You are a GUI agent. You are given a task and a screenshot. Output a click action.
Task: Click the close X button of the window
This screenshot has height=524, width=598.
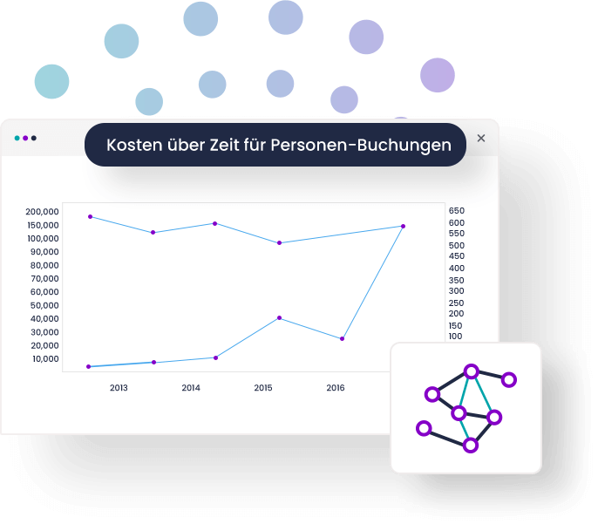coord(481,138)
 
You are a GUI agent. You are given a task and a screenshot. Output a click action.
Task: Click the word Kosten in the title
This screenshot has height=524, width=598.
coord(134,145)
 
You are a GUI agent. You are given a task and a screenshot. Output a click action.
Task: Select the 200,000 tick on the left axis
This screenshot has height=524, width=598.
coord(42,212)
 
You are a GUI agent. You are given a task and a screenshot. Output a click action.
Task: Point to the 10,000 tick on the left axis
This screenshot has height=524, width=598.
coord(45,359)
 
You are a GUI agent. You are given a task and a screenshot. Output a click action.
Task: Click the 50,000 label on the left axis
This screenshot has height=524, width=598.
coord(44,305)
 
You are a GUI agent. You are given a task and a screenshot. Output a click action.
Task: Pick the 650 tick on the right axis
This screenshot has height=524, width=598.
coord(457,210)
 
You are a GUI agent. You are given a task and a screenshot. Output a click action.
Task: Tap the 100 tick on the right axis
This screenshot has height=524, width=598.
coord(455,337)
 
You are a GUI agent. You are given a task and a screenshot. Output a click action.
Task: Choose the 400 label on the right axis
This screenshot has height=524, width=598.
coord(457,268)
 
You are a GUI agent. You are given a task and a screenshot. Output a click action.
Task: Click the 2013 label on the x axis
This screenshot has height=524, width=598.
coord(119,388)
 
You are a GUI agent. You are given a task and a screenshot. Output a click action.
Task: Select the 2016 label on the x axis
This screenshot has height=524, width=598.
coord(336,388)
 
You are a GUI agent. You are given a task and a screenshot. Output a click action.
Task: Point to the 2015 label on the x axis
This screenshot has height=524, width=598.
coord(263,388)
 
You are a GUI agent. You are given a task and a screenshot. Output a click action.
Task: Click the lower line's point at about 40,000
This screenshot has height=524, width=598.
coord(279,317)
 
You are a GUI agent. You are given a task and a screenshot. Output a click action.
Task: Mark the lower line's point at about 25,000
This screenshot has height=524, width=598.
coord(342,338)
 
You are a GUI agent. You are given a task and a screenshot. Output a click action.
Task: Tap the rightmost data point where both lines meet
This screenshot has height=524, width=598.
coord(403,226)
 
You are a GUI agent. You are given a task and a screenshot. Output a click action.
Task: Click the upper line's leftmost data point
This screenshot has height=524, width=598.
coord(91,216)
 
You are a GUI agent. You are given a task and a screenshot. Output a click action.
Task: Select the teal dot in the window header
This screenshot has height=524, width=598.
coord(17,138)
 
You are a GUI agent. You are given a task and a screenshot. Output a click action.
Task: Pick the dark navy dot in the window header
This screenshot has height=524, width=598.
coord(34,138)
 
